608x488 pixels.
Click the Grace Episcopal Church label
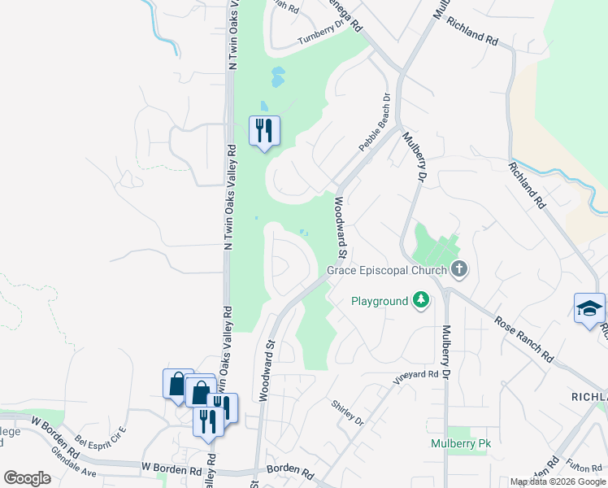pyautogui.click(x=387, y=270)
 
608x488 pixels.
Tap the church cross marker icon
pyautogui.click(x=459, y=269)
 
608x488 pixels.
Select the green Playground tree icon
pyautogui.click(x=420, y=301)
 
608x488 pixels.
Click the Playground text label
pyautogui.click(x=379, y=301)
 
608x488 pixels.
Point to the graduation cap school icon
pyautogui.click(x=589, y=308)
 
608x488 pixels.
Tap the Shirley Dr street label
pyautogui.click(x=347, y=412)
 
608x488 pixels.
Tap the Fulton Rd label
pyautogui.click(x=584, y=466)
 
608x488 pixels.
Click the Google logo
pyautogui.click(x=27, y=478)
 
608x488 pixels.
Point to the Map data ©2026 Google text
pyautogui.click(x=558, y=481)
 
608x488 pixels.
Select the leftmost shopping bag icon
pyautogui.click(x=177, y=383)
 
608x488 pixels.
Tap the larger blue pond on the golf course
pyautogui.click(x=278, y=77)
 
